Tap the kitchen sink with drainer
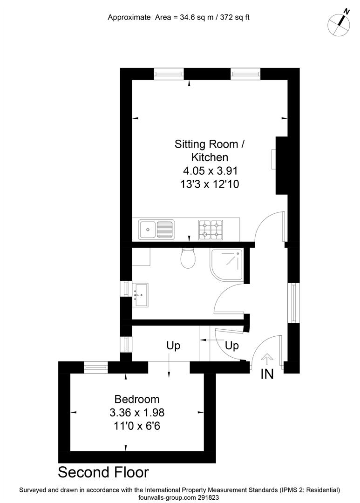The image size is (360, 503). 156,229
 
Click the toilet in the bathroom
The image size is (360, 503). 188,258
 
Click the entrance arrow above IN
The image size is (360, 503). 267,359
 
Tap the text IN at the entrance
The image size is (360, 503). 267,374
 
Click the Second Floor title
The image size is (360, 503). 103,472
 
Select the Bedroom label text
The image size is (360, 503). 137,399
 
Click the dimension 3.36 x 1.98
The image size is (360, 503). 137,412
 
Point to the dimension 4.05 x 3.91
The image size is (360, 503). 209,170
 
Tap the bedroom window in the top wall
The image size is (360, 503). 96,367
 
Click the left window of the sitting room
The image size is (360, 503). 169,74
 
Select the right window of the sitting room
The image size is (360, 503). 245,74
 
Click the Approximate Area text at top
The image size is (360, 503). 179,18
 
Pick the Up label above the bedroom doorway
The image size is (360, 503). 173,346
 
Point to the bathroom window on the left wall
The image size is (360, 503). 126,288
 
